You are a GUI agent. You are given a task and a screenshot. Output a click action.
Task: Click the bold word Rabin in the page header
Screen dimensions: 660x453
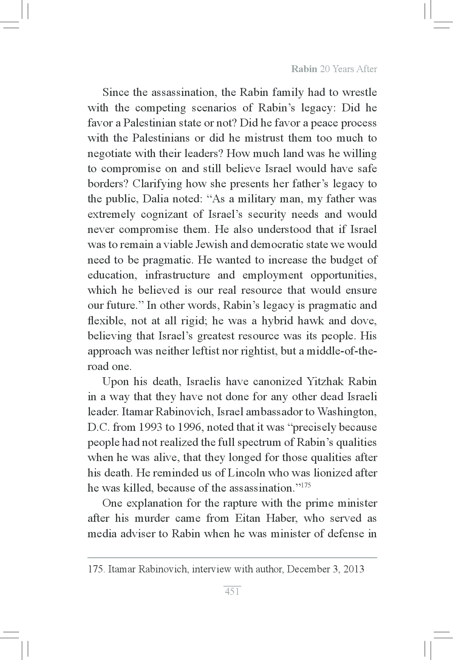(x=304, y=69)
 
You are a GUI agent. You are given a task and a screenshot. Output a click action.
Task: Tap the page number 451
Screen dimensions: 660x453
(x=232, y=592)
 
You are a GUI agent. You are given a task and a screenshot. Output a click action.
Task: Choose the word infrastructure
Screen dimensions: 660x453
(x=177, y=275)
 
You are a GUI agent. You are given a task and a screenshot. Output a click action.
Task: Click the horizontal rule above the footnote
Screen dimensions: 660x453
(x=232, y=557)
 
